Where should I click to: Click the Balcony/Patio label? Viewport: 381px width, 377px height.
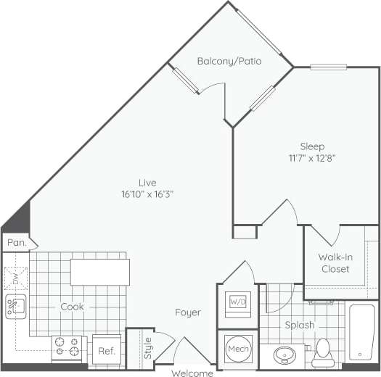pyautogui.click(x=229, y=61)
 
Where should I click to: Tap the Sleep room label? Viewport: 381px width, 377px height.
pyautogui.click(x=313, y=146)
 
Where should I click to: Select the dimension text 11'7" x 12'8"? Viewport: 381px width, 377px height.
pyautogui.click(x=312, y=157)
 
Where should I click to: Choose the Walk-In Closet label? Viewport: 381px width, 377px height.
pyautogui.click(x=335, y=263)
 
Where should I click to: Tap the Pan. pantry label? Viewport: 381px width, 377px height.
pyautogui.click(x=16, y=244)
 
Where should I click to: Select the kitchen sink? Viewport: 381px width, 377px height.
pyautogui.click(x=15, y=307)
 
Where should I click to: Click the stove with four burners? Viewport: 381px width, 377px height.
pyautogui.click(x=68, y=348)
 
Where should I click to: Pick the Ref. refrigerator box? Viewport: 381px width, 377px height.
pyautogui.click(x=106, y=350)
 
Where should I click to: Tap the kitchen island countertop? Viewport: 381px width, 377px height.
pyautogui.click(x=100, y=272)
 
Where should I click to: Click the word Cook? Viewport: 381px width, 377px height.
pyautogui.click(x=72, y=307)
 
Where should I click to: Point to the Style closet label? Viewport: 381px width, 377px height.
pyautogui.click(x=147, y=349)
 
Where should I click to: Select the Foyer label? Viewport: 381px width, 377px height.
pyautogui.click(x=187, y=312)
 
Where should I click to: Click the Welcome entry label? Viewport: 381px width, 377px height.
pyautogui.click(x=192, y=373)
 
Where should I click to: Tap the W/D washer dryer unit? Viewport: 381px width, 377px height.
pyautogui.click(x=238, y=301)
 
